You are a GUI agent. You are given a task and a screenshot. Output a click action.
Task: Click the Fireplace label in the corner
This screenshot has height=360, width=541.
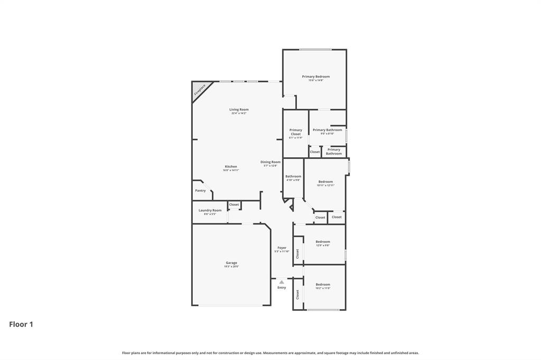click(x=199, y=90)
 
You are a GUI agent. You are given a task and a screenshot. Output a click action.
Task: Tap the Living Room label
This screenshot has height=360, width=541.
click(x=239, y=110)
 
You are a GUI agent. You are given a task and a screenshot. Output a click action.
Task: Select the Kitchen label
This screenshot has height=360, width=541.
click(x=231, y=167)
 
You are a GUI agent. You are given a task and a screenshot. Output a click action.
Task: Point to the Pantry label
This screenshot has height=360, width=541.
click(x=200, y=191)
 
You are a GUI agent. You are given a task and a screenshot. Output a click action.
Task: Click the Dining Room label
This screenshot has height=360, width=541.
click(x=270, y=162)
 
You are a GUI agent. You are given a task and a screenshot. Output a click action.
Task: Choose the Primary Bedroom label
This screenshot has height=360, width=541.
click(x=316, y=77)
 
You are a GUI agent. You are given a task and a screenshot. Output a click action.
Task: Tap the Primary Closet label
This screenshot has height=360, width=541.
click(x=296, y=132)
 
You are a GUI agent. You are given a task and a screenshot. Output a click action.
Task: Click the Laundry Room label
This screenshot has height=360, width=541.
click(x=210, y=210)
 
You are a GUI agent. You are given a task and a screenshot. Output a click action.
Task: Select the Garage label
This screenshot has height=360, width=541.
click(x=231, y=263)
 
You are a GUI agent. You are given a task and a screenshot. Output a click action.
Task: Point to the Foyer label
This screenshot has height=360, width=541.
click(x=282, y=248)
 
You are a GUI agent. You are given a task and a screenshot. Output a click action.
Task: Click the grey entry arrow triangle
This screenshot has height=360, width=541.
click(x=282, y=282)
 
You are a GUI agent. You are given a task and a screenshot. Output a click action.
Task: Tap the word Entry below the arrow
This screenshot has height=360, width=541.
click(x=282, y=288)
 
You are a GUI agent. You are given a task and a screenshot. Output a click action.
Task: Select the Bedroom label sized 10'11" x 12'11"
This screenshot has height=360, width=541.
click(x=325, y=182)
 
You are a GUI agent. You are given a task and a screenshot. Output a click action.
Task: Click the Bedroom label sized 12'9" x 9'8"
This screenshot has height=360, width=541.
click(x=323, y=242)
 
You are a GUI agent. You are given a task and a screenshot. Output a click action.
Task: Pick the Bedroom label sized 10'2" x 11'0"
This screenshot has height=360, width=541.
click(x=323, y=285)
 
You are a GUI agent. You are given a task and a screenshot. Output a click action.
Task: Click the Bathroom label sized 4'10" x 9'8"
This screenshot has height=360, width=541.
click(x=293, y=176)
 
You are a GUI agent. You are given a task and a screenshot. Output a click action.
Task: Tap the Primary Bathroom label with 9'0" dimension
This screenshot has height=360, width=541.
click(x=327, y=130)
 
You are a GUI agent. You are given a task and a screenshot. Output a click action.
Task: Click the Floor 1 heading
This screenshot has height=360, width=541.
click(x=21, y=325)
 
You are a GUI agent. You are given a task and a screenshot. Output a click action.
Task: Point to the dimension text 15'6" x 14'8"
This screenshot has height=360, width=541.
click(x=316, y=80)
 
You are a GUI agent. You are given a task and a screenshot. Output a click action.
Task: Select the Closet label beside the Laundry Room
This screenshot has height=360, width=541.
click(x=234, y=205)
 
